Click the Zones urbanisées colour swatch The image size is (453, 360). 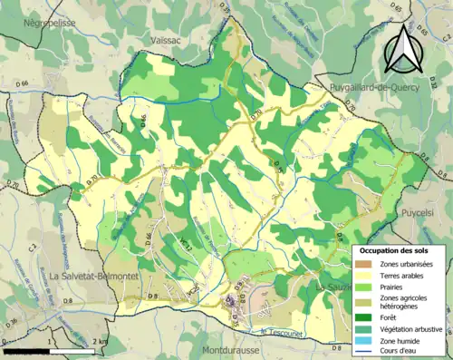pos(367,264)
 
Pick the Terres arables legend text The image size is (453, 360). pos(407,277)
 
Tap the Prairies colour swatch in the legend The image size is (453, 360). pos(367,289)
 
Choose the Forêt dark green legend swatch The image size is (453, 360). pos(367,316)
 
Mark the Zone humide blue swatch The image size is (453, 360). pos(367,341)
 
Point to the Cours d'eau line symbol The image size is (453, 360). pos(367,353)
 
